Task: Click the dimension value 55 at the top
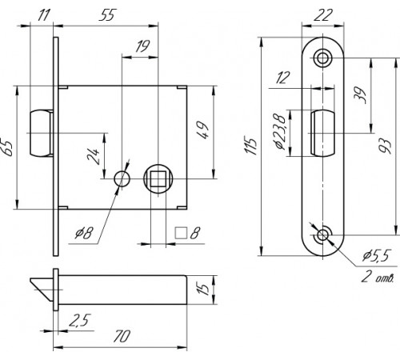[x=108, y=15]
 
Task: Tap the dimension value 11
[x=42, y=15]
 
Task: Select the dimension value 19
[x=142, y=46]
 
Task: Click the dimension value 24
[x=94, y=156]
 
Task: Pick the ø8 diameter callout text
[x=84, y=233]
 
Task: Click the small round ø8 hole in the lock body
[x=122, y=178]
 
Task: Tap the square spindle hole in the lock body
[x=158, y=178]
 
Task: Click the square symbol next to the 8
[x=181, y=233]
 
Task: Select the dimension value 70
[x=122, y=336]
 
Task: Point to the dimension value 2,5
[x=80, y=320]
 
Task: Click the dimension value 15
[x=205, y=289]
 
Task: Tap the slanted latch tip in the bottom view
[x=42, y=290]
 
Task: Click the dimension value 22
[x=323, y=15]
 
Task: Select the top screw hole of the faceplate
[x=322, y=58]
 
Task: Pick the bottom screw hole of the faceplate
[x=322, y=235]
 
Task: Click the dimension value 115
[x=251, y=146]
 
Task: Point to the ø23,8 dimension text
[x=279, y=131]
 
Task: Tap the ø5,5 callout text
[x=376, y=255]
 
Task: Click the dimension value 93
[x=386, y=146]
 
